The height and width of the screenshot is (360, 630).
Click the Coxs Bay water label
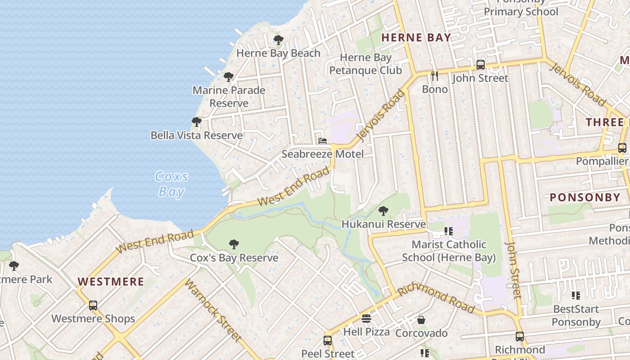pyautogui.click(x=171, y=184)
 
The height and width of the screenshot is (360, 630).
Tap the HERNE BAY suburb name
pyautogui.click(x=416, y=38)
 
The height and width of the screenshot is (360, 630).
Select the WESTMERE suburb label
pyautogui.click(x=111, y=282)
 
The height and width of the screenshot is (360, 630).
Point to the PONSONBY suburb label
pyautogui.click(x=585, y=198)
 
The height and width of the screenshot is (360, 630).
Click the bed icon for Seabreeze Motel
pyautogui.click(x=323, y=141)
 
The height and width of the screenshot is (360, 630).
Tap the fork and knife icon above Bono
pyautogui.click(x=434, y=76)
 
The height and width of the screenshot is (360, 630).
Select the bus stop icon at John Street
pyautogui.click(x=480, y=64)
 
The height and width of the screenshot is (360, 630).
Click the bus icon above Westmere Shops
pyautogui.click(x=93, y=305)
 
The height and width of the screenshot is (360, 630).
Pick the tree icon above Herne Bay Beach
pyautogui.click(x=279, y=40)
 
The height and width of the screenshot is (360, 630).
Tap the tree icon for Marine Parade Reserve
pyautogui.click(x=229, y=77)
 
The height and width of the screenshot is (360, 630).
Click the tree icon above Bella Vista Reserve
pyautogui.click(x=196, y=122)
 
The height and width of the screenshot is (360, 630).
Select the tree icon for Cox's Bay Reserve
pyautogui.click(x=234, y=244)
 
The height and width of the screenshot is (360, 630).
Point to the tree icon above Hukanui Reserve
pyautogui.click(x=383, y=211)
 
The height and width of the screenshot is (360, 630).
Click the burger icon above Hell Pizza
pyautogui.click(x=366, y=319)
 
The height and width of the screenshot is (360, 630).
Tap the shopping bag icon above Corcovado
pyautogui.click(x=421, y=320)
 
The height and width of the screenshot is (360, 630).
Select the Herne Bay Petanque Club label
pyautogui.click(x=365, y=64)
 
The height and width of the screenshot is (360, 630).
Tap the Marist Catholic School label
pyautogui.click(x=449, y=251)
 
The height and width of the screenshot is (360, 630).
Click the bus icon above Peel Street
pyautogui.click(x=328, y=340)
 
